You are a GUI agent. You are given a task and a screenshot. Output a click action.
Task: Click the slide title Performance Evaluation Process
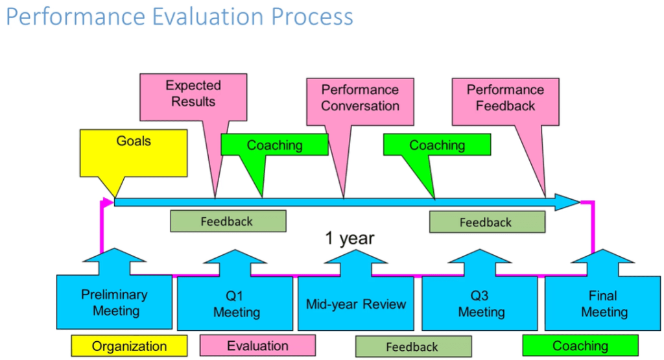(x=179, y=17)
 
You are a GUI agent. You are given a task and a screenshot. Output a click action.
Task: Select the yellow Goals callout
(x=134, y=151)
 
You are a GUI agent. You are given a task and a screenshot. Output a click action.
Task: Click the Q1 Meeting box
(x=236, y=304)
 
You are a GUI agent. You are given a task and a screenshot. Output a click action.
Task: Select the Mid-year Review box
(x=355, y=304)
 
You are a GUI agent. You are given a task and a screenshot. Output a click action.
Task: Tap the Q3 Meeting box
(x=480, y=304)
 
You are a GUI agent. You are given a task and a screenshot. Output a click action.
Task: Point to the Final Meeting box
(x=603, y=304)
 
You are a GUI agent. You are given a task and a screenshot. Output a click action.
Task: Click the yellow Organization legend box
(x=129, y=346)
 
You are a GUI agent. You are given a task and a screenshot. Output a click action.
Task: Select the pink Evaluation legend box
(x=257, y=346)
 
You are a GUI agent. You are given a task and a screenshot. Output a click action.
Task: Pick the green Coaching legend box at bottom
(x=580, y=346)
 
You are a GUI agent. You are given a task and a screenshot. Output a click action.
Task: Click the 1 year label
(x=350, y=238)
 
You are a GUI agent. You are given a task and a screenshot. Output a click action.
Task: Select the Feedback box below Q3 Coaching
(x=486, y=222)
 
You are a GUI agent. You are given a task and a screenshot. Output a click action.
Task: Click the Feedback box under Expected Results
(x=228, y=221)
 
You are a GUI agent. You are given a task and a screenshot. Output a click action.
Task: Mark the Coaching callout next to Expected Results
(x=274, y=145)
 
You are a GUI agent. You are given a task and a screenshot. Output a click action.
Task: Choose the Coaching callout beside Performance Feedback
(x=436, y=145)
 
